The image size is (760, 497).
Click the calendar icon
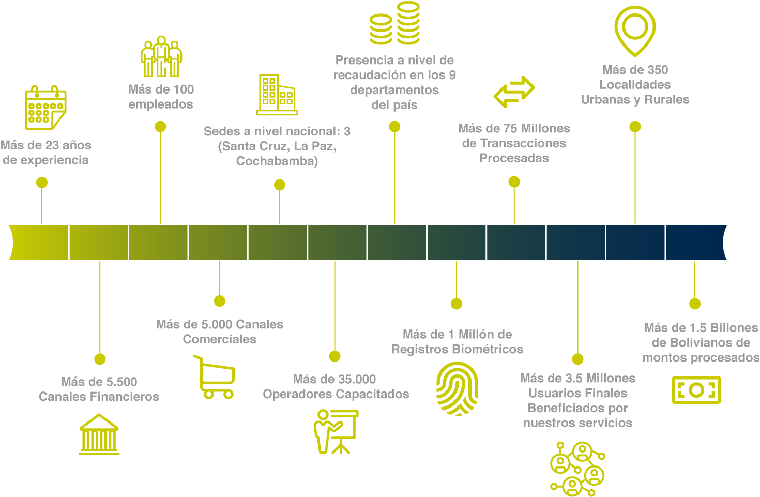coord(45,108)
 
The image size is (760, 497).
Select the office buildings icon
coord(277,95)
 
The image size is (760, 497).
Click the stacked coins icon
coord(394,23)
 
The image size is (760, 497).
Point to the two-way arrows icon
coord(514,92)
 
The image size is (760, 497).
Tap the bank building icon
coord(99,434)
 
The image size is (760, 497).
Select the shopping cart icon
coord(215,377)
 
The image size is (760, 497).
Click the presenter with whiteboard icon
coord(335,431)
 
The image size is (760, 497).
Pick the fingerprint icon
coord(457,388)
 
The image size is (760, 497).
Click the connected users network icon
coord(577,469)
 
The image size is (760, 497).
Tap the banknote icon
coord(696,390)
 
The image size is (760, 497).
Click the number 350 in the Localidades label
coord(657,70)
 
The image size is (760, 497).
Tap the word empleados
coord(161,104)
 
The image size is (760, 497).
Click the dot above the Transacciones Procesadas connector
coord(514,182)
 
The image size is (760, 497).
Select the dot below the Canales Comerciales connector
coord(220,301)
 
